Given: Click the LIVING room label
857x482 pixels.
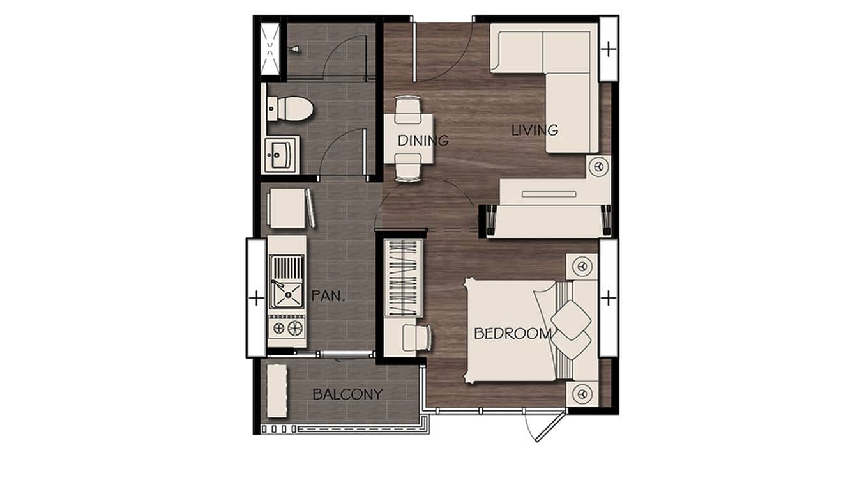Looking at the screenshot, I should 535,130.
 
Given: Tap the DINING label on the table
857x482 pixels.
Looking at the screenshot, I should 423,141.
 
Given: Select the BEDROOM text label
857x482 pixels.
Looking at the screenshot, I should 513,333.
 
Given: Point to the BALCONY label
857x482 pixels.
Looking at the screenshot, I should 347,394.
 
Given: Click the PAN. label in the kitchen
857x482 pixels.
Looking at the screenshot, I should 329,295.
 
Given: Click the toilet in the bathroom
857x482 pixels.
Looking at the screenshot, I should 291,108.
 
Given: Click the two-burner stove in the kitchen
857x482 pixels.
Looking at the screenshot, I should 286,328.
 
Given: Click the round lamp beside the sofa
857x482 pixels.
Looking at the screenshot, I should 598,166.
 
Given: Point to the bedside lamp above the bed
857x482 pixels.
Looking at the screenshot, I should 581,265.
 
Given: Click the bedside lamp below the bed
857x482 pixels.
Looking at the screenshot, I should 581,393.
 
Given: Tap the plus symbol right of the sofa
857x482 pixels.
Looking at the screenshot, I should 609,49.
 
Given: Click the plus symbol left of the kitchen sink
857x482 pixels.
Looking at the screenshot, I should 256,297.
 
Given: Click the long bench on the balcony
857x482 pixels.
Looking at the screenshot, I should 277,390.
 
